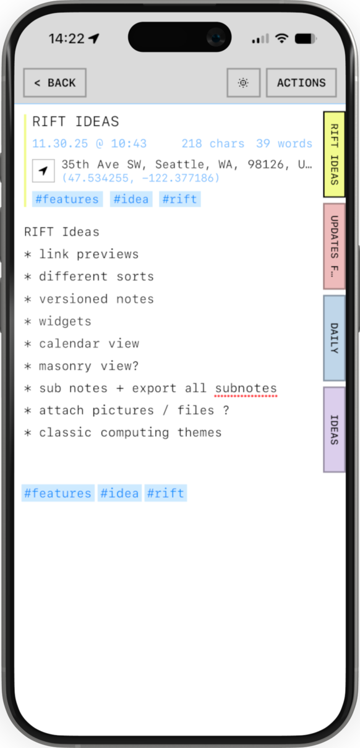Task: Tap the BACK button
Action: [x=55, y=83]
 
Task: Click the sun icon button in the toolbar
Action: [x=244, y=83]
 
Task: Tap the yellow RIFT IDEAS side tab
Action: [x=334, y=154]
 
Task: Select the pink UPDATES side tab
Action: [x=334, y=246]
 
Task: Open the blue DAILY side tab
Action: [x=334, y=338]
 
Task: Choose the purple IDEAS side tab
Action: [x=334, y=430]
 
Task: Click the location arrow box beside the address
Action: [x=43, y=171]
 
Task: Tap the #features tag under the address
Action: [x=67, y=199]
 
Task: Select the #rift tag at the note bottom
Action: [x=166, y=493]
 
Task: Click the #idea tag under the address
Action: [x=131, y=199]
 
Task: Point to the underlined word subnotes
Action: [x=246, y=389]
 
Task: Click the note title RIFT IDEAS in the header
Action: [x=75, y=121]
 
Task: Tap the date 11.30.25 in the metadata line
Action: [x=60, y=144]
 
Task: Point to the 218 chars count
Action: [x=213, y=144]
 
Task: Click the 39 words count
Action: [x=284, y=144]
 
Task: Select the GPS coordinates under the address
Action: [x=140, y=178]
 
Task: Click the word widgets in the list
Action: [x=65, y=321]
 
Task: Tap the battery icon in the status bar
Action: [x=306, y=39]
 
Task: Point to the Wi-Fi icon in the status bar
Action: [x=282, y=38]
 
